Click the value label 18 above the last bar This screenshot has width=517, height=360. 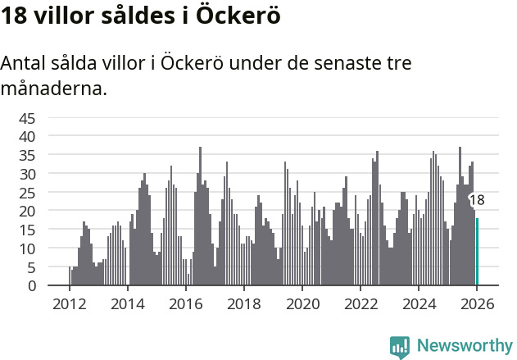[476, 200]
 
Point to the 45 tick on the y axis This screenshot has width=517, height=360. [27, 117]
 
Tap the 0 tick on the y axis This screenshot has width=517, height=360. [31, 285]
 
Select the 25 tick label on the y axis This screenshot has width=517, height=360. [27, 192]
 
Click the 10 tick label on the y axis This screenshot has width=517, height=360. [27, 248]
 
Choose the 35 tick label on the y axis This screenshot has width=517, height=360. [27, 155]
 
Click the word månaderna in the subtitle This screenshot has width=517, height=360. [54, 88]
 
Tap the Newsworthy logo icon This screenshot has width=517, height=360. [400, 346]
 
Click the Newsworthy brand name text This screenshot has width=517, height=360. [464, 346]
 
